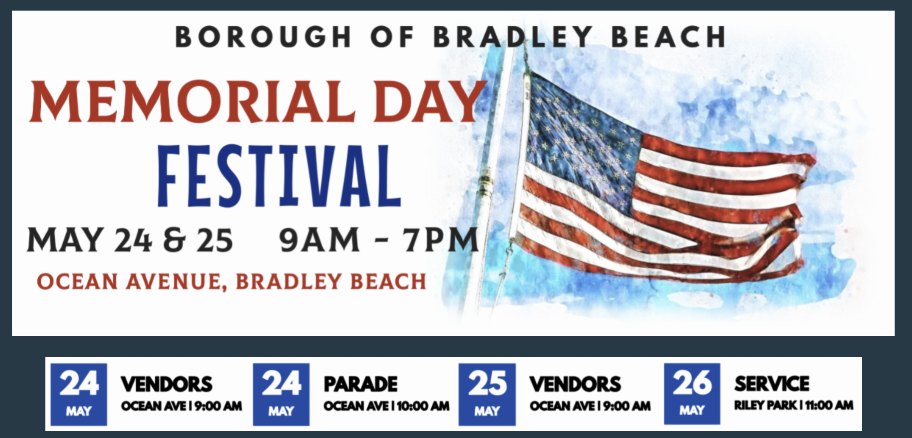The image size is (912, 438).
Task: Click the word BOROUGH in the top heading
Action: pyautogui.click(x=263, y=37)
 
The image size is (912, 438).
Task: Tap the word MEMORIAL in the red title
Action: pyautogui.click(x=192, y=102)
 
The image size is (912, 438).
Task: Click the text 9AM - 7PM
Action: pyautogui.click(x=379, y=240)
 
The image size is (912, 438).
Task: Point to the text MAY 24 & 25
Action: pyautogui.click(x=130, y=240)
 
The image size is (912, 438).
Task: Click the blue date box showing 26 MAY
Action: pyautogui.click(x=692, y=394)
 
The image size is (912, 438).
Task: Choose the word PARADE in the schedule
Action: pyautogui.click(x=361, y=384)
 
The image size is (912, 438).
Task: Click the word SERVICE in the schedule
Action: pyautogui.click(x=772, y=384)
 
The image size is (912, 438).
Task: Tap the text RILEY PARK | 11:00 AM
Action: pyautogui.click(x=794, y=405)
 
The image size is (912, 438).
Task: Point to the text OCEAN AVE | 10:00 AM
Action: pyautogui.click(x=386, y=406)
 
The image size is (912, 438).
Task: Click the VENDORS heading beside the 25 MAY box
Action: pyautogui.click(x=575, y=384)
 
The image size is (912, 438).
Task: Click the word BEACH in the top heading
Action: pyautogui.click(x=668, y=37)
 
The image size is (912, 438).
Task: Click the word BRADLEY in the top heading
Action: pyautogui.click(x=512, y=37)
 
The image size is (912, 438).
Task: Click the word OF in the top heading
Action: pyautogui.click(x=392, y=37)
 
